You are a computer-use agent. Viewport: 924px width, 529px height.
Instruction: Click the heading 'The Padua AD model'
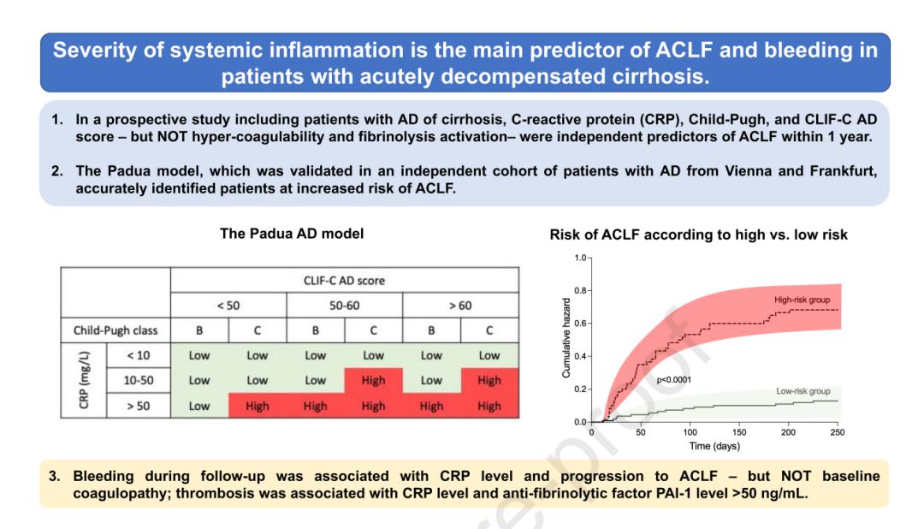tap(291, 233)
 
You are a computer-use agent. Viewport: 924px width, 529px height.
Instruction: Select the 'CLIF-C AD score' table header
tap(345, 280)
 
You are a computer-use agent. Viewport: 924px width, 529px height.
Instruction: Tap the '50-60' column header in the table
tap(345, 305)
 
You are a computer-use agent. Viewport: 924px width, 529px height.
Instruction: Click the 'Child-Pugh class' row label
tap(115, 330)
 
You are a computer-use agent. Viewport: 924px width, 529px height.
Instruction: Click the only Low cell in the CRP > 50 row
tap(199, 406)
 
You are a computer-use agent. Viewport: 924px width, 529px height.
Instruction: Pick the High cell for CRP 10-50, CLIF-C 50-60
tap(373, 380)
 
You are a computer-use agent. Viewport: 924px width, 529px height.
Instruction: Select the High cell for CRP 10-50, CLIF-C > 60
tap(489, 380)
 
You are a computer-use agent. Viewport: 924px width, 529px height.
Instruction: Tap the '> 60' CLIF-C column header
tap(460, 305)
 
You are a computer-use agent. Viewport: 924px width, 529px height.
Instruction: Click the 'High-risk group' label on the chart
tap(802, 300)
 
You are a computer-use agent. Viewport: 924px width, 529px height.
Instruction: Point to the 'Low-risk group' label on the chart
tap(803, 390)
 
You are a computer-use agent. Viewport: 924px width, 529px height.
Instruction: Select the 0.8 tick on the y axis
tap(577, 291)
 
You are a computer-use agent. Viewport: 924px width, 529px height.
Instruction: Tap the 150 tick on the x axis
tap(739, 433)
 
